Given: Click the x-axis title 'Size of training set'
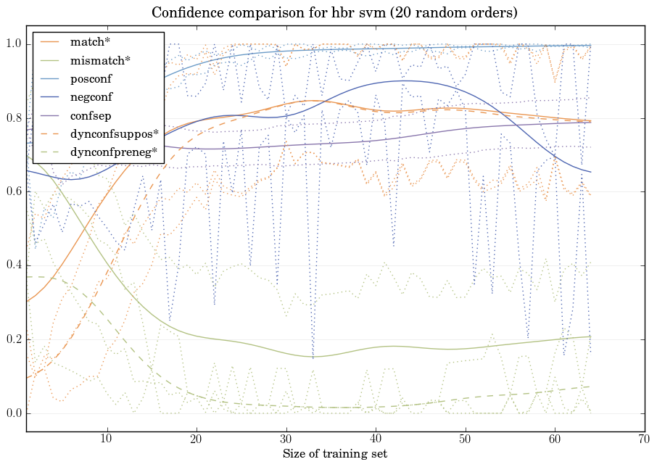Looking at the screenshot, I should tap(334, 455).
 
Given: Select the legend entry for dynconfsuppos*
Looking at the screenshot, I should tap(114, 133).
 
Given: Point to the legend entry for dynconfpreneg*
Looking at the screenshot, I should tap(115, 152).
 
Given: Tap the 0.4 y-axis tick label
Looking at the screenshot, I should tap(13, 266).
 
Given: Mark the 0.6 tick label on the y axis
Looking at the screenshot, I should tap(13, 192).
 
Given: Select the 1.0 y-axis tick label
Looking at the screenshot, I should tap(13, 45).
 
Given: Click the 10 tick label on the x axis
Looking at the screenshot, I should tap(107, 439).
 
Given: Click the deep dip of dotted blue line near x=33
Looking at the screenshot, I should tap(313, 358).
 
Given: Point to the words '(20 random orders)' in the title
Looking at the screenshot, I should tap(450, 13).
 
